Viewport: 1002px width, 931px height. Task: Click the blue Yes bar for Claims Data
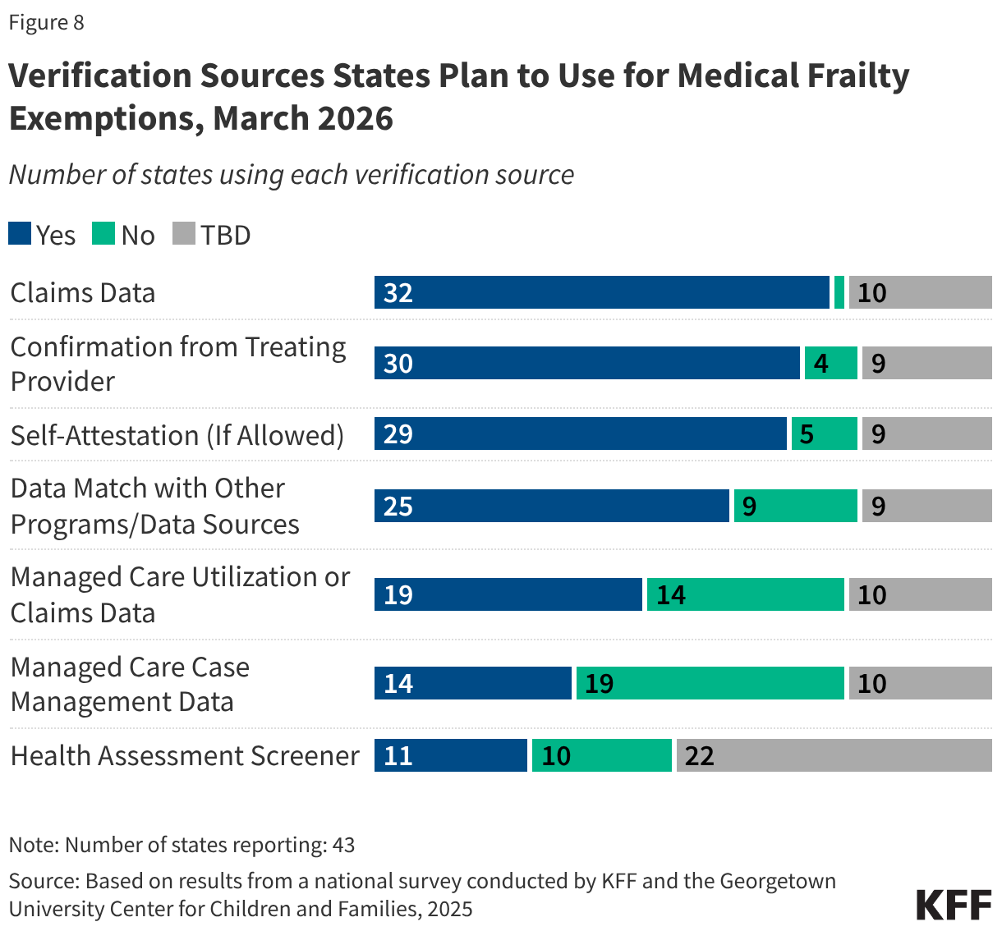pyautogui.click(x=601, y=292)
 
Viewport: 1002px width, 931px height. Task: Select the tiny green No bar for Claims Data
pyautogui.click(x=839, y=292)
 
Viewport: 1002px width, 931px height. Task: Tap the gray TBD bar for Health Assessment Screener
pyautogui.click(x=834, y=755)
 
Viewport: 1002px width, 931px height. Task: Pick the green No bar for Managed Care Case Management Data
pyautogui.click(x=710, y=683)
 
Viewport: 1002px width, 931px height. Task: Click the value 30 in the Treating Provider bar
pyautogui.click(x=398, y=364)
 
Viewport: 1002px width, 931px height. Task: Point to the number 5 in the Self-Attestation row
pyautogui.click(x=807, y=434)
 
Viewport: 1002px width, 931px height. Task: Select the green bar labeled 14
pyautogui.click(x=745, y=594)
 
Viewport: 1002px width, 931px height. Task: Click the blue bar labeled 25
pyautogui.click(x=551, y=506)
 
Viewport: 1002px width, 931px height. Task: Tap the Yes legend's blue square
pyautogui.click(x=20, y=234)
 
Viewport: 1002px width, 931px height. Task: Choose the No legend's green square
pyautogui.click(x=103, y=234)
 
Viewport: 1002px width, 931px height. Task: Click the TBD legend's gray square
pyautogui.click(x=184, y=234)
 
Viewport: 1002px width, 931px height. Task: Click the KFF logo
pyautogui.click(x=954, y=904)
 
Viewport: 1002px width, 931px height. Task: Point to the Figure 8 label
pyautogui.click(x=46, y=22)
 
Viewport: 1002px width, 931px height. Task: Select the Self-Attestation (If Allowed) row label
pyautogui.click(x=177, y=434)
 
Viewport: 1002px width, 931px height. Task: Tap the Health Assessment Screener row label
pyautogui.click(x=185, y=755)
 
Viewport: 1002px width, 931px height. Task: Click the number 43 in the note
pyautogui.click(x=343, y=845)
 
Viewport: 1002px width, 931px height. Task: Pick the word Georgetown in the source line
pyautogui.click(x=777, y=881)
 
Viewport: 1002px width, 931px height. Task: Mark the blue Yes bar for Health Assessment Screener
pyautogui.click(x=450, y=755)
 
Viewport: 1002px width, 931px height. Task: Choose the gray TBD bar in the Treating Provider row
pyautogui.click(x=926, y=363)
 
